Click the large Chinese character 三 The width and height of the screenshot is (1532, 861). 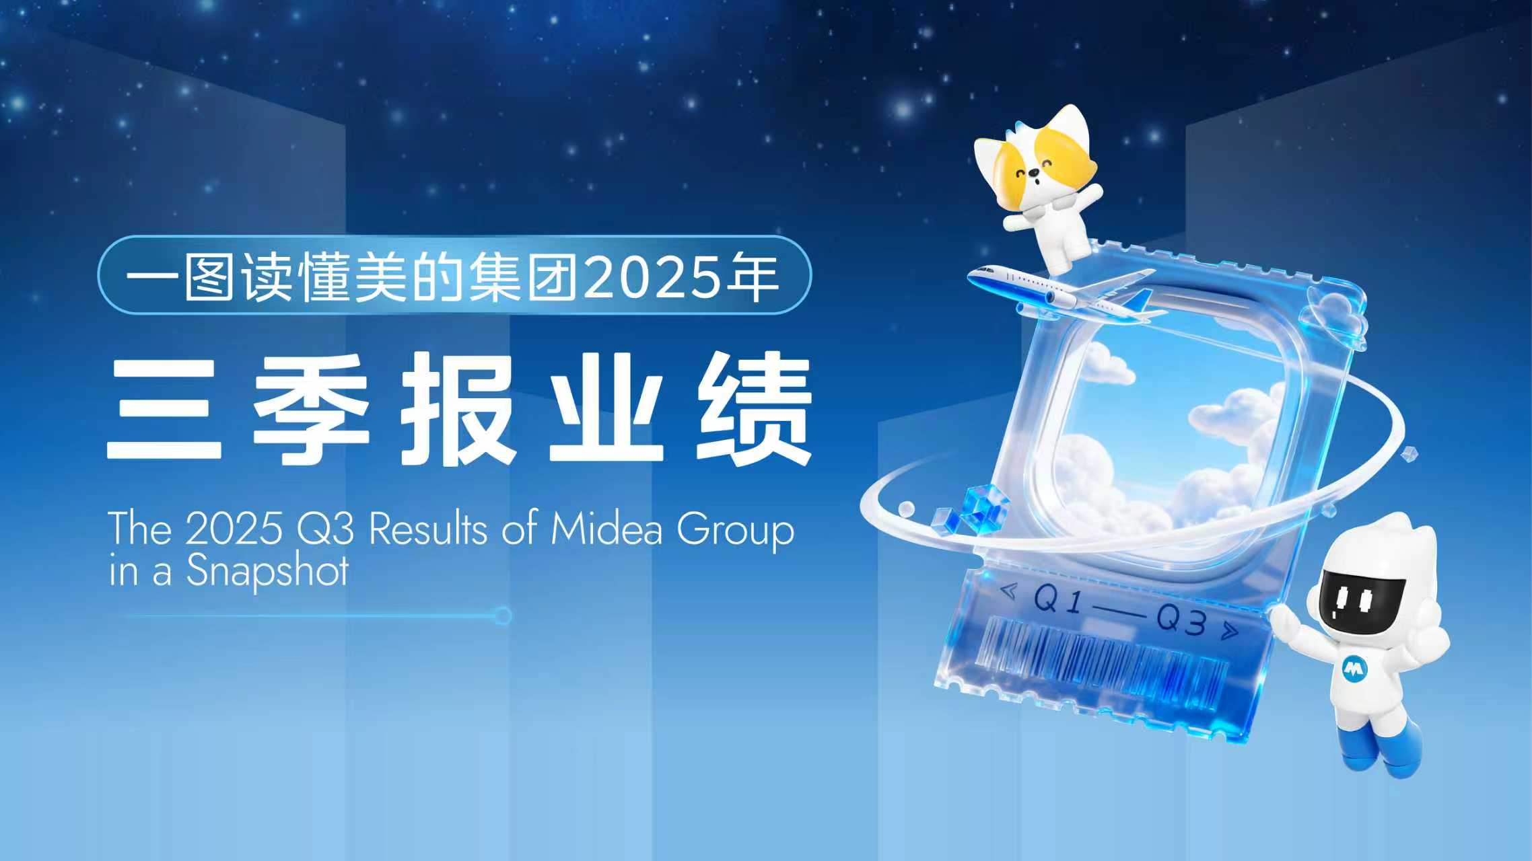[164, 410]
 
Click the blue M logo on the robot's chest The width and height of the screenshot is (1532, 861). [1353, 668]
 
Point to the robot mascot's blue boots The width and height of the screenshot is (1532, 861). [1387, 747]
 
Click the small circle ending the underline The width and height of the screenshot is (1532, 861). [503, 615]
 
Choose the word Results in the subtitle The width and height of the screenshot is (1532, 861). [428, 530]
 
